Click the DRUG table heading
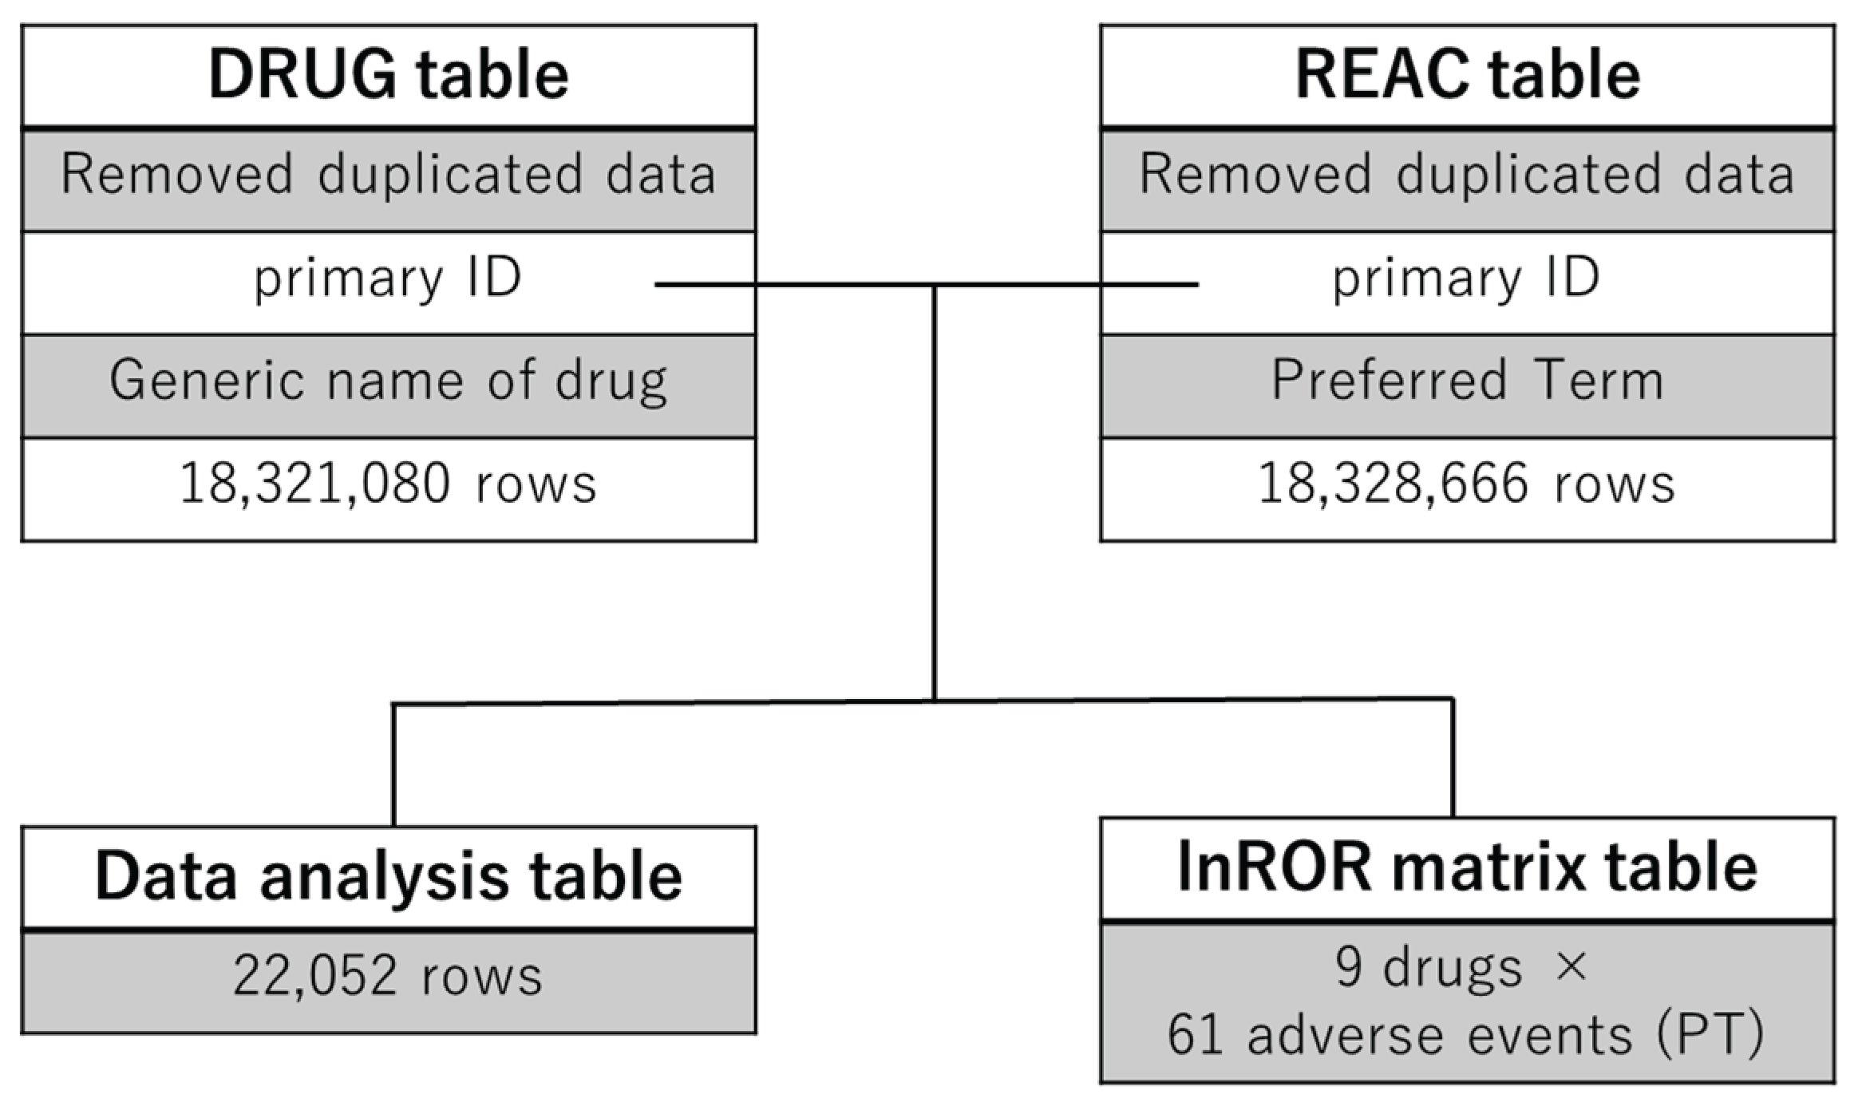point(389,75)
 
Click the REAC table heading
point(1467,75)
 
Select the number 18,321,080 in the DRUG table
point(314,484)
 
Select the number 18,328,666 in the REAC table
point(1393,484)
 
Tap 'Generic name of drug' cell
point(389,381)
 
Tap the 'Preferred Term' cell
point(1467,381)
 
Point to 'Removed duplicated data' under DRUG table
point(389,175)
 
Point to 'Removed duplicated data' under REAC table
point(1467,175)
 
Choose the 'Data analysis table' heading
point(389,876)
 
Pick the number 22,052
point(314,976)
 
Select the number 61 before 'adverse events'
point(1196,1036)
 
